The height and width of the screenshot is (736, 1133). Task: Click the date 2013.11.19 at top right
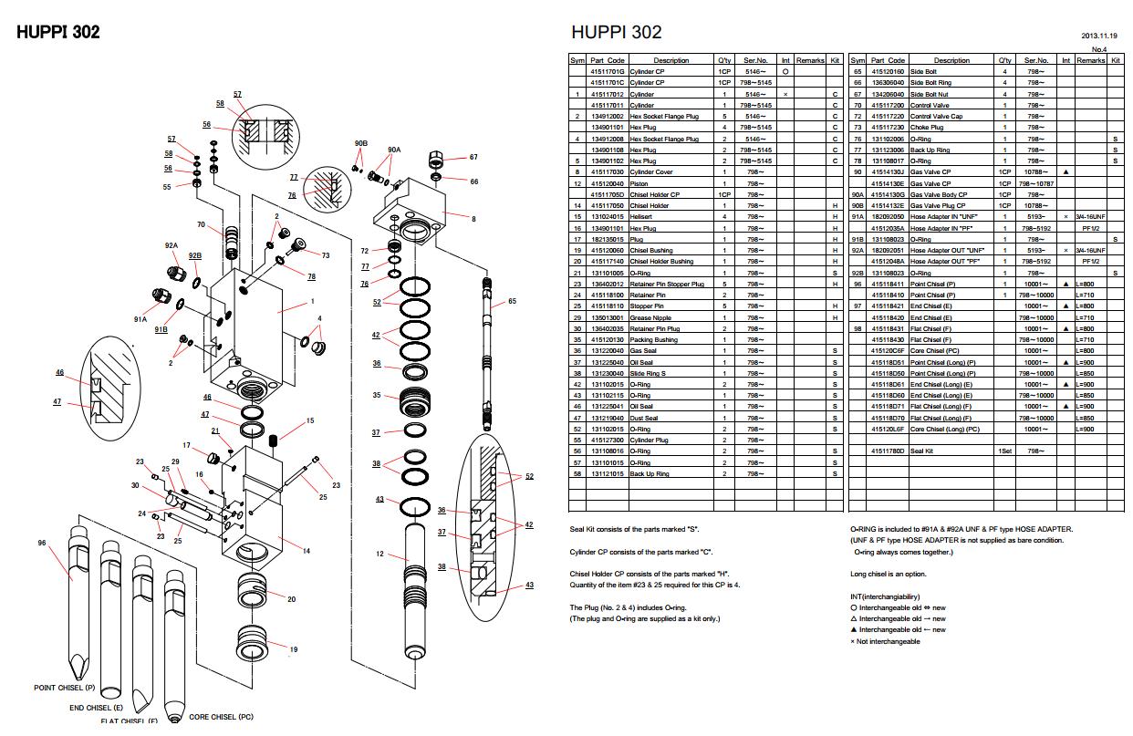(1099, 36)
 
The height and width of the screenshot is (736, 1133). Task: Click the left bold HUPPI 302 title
(58, 32)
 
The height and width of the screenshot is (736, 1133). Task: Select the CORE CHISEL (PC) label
(221, 716)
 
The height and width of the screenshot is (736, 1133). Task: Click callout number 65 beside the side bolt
(512, 301)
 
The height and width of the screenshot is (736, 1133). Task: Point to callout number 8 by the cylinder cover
(473, 219)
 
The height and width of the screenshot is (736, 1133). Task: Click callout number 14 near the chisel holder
(307, 551)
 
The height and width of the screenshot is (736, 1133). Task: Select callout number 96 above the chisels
(41, 543)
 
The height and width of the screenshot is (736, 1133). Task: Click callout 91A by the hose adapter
(140, 320)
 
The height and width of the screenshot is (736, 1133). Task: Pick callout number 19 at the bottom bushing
(294, 649)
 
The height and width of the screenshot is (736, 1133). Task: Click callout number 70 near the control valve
(200, 224)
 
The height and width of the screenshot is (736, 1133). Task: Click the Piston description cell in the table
(639, 183)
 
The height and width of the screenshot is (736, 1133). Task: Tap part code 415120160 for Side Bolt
(887, 71)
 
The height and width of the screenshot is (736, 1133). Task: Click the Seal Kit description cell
(921, 451)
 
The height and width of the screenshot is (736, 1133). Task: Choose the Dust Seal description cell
(644, 418)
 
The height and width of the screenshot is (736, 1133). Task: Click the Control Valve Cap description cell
(935, 116)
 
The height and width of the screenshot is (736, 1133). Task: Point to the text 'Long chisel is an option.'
(889, 574)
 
